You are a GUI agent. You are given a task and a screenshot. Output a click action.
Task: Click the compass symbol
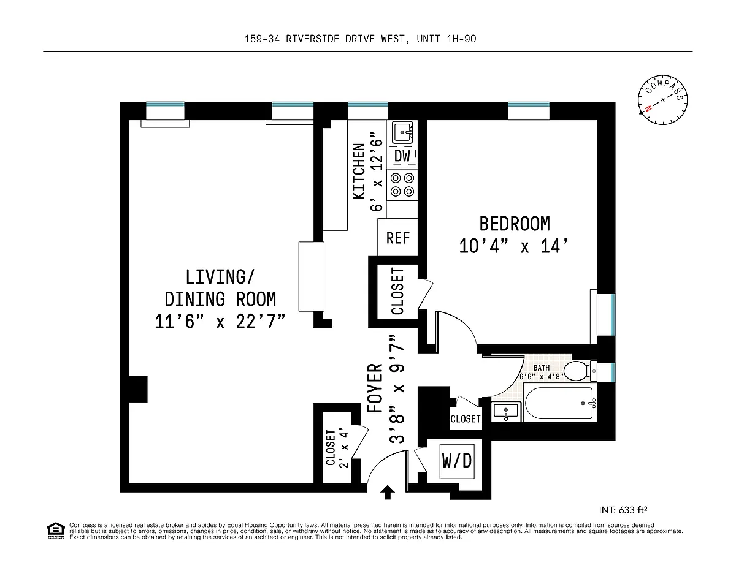point(662,100)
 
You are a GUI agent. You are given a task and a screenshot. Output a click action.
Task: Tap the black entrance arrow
point(388,492)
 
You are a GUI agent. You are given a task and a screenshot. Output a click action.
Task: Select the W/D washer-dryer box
point(457,461)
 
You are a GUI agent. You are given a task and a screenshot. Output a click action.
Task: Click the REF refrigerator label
point(398,238)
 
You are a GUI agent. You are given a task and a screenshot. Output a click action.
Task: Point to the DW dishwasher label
point(402,156)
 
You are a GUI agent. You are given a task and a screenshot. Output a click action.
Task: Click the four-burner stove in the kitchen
point(402,184)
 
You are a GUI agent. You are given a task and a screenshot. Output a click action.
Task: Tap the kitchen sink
point(402,132)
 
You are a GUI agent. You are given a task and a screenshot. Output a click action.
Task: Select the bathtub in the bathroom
point(559,403)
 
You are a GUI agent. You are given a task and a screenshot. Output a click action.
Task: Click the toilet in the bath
point(581,371)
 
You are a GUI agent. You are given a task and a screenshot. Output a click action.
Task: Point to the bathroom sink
point(505,411)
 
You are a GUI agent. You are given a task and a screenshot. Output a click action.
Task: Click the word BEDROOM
point(515,224)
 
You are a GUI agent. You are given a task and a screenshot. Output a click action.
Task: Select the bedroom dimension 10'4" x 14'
point(513,246)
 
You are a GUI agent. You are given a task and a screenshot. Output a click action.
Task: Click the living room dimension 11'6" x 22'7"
point(220,322)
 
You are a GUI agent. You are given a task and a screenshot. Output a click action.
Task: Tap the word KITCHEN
point(359,171)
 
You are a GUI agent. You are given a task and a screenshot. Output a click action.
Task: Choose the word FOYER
point(375,388)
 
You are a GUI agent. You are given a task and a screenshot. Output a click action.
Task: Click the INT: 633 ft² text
point(623,510)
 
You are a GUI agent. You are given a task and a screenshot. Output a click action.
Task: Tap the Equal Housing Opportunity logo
point(56,531)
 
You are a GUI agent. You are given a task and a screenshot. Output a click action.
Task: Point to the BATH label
point(541,368)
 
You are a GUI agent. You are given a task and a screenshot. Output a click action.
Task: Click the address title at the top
point(360,39)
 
